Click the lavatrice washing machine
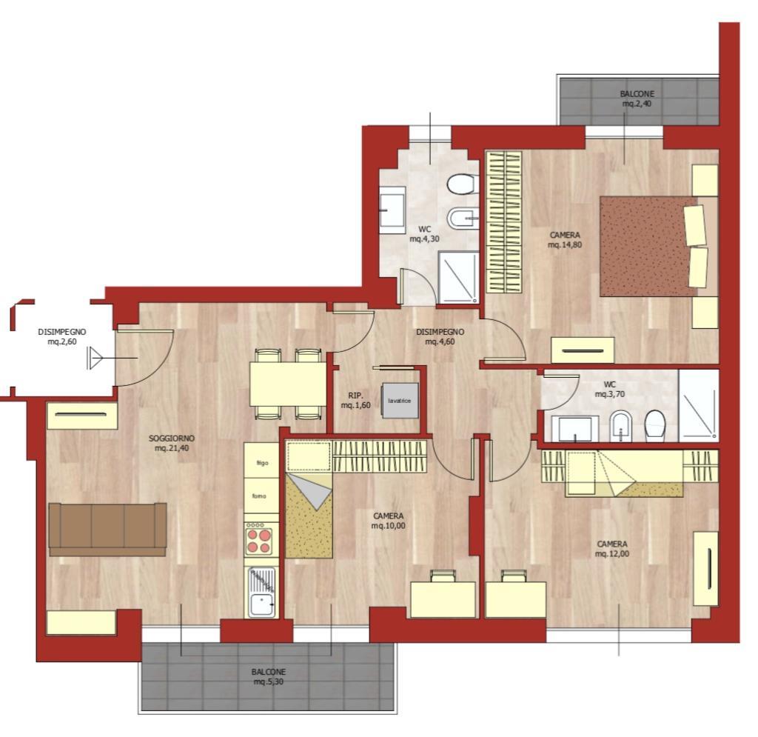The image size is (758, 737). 400,401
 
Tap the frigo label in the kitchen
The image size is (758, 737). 262,463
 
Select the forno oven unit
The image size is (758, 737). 261,496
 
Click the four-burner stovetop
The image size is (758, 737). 259,540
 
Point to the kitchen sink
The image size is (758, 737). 261,593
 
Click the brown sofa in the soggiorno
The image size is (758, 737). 108,529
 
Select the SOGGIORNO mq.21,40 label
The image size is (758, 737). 172,443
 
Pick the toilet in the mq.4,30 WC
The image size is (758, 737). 463,184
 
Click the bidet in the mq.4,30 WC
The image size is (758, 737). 463,219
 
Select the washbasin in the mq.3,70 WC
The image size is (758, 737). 575,428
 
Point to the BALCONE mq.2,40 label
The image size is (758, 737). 637,99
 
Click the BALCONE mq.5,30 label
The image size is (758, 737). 268,677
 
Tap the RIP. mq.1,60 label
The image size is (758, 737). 356,400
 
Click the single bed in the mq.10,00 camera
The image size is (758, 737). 309,516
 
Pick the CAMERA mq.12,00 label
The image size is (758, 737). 612,549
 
